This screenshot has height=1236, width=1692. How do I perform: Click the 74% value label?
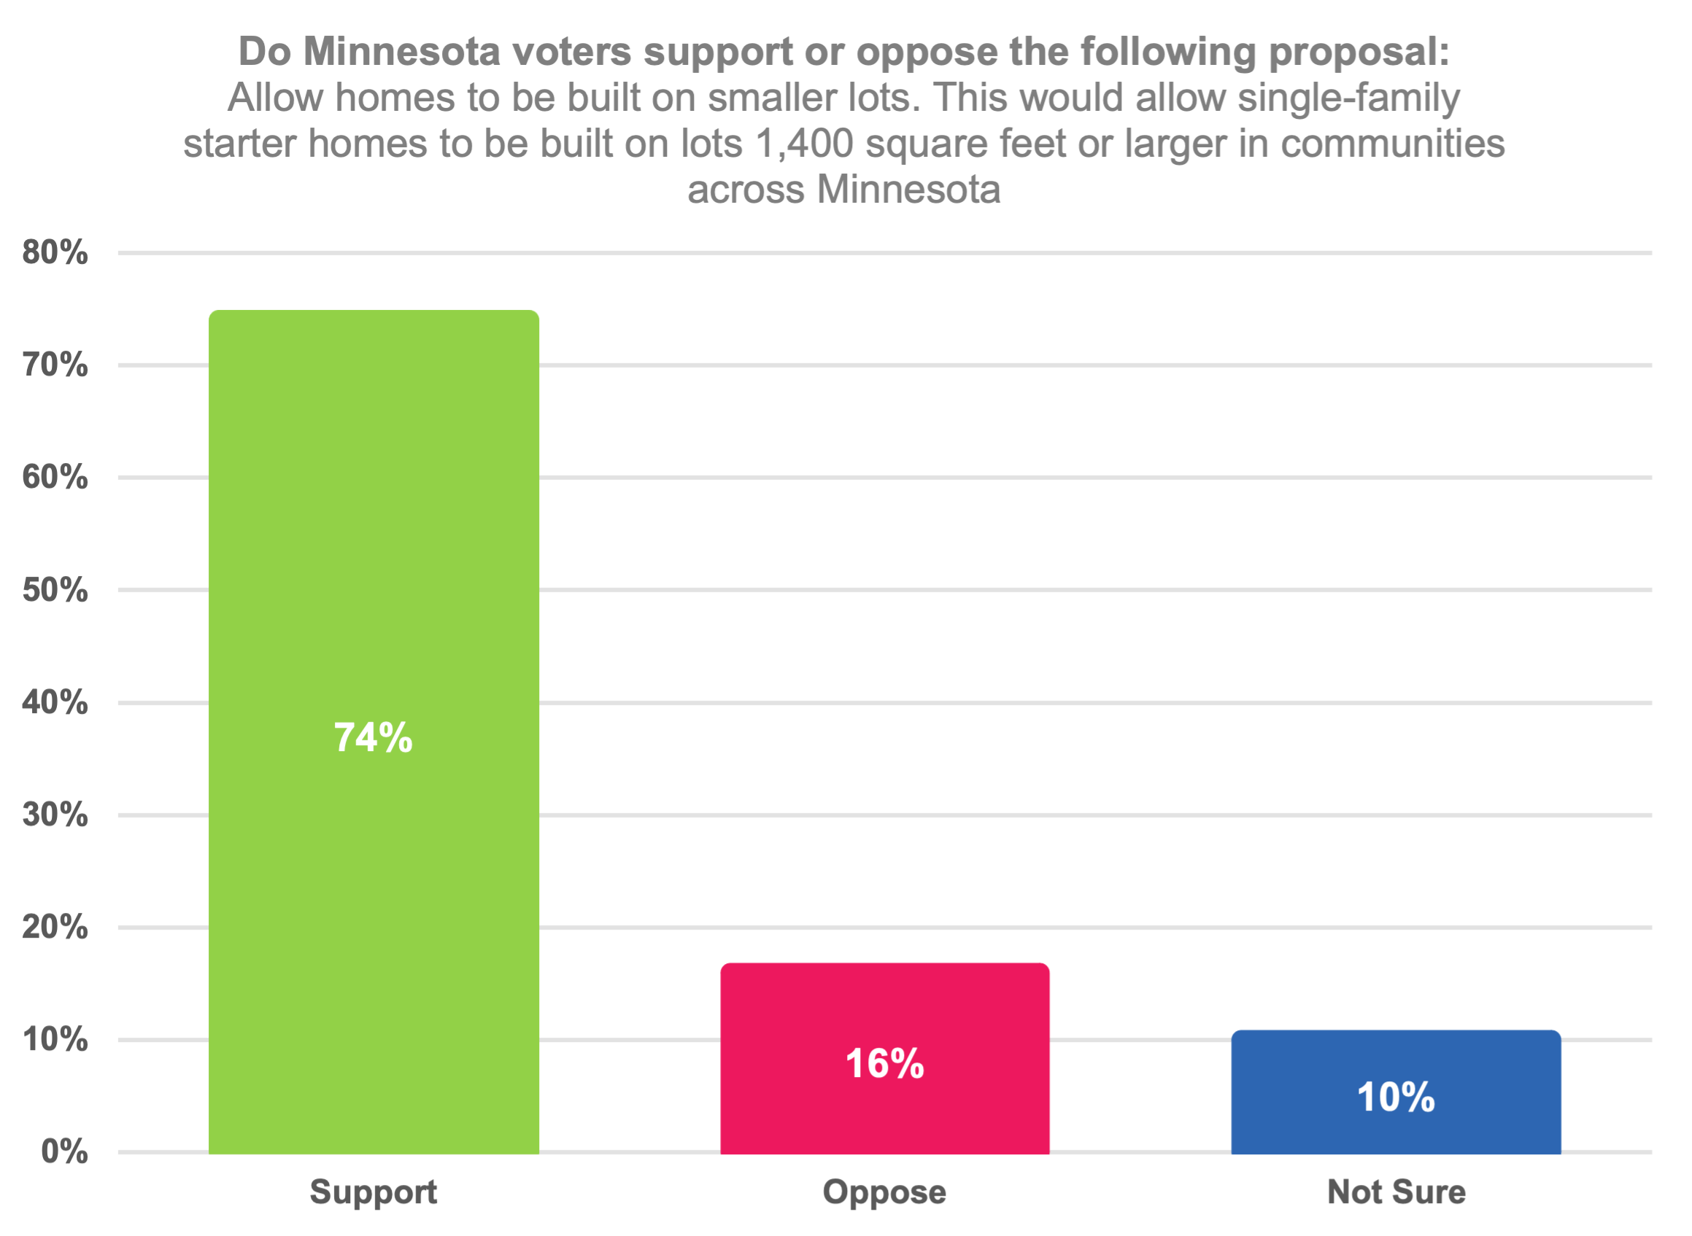[373, 738]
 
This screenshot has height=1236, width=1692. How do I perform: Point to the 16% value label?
[884, 1064]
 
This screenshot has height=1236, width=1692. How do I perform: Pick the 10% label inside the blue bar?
[1396, 1097]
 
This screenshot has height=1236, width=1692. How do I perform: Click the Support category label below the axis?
[373, 1192]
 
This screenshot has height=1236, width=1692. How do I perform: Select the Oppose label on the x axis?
[884, 1192]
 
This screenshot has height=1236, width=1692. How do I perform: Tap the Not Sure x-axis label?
[1397, 1192]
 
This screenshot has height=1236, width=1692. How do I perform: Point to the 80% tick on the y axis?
[55, 252]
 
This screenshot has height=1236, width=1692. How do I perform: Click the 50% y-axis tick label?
[55, 591]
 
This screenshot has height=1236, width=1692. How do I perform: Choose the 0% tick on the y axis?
[64, 1151]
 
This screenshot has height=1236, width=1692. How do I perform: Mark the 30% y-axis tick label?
[55, 815]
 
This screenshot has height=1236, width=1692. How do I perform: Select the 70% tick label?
[55, 365]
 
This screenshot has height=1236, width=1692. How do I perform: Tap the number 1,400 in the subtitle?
[804, 144]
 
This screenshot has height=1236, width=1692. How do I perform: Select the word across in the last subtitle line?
[746, 190]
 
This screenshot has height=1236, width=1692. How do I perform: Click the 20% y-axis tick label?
[55, 927]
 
